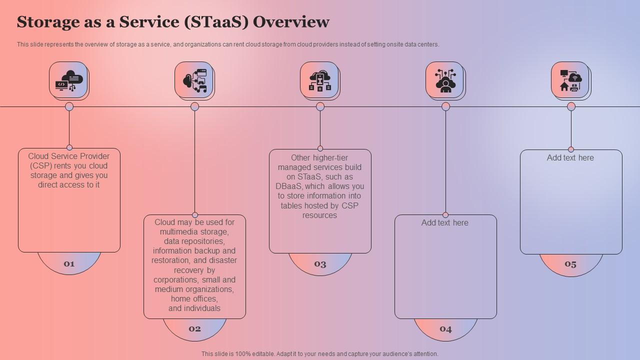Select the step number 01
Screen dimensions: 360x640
[x=69, y=263]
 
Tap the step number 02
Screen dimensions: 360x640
[x=194, y=328]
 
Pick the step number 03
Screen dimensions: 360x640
[x=320, y=264]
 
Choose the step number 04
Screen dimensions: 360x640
[x=445, y=328]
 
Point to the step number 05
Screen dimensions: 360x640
[x=570, y=264]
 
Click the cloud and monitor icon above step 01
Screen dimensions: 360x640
[x=69, y=80]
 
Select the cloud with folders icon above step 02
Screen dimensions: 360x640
[x=194, y=80]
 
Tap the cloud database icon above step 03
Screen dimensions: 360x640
[x=320, y=80]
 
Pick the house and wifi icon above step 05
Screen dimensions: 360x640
[x=570, y=80]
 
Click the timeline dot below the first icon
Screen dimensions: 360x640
[x=69, y=106]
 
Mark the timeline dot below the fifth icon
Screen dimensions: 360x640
[x=571, y=106]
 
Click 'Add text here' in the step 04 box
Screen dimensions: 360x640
[x=445, y=223]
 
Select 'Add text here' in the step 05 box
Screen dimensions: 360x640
[x=570, y=158]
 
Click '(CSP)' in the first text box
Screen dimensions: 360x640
[x=40, y=166]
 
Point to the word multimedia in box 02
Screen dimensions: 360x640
[x=181, y=232]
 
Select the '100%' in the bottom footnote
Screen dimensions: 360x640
[x=242, y=354]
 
